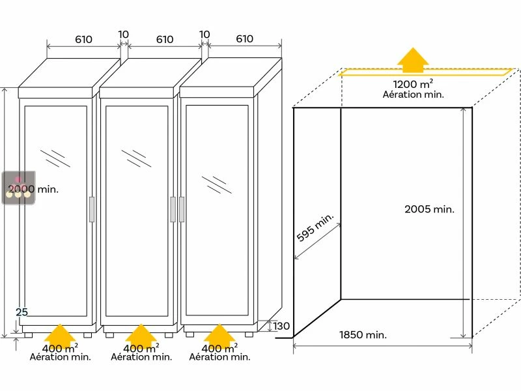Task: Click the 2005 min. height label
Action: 429,209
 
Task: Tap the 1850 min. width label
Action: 363,335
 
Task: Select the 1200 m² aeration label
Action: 414,84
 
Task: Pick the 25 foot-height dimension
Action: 21,312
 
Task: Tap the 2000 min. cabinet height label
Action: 34,190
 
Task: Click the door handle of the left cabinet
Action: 92,209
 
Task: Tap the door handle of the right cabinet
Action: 181,209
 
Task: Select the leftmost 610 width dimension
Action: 83,40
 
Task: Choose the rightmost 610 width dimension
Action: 244,39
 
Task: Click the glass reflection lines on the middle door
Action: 136,158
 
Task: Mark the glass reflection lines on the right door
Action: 217,184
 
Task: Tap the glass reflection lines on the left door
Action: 55,158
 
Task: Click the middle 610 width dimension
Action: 165,40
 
